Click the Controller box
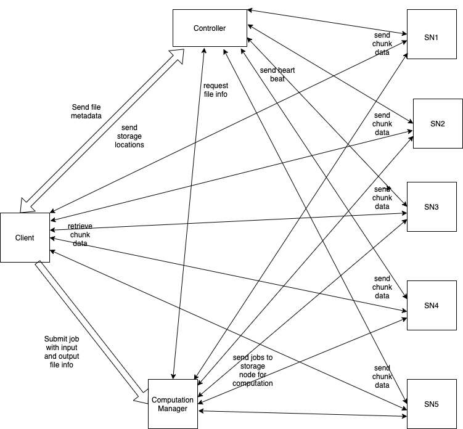coord(210,28)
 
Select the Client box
coord(25,237)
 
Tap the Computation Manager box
coord(173,405)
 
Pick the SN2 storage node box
coord(437,123)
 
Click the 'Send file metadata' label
coord(87,111)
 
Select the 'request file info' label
coord(216,89)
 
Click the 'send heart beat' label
coord(277,75)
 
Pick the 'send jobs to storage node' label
coord(253,370)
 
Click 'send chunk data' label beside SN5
coord(382,377)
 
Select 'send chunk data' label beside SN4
coord(382,287)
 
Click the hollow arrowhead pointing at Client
coord(28,204)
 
